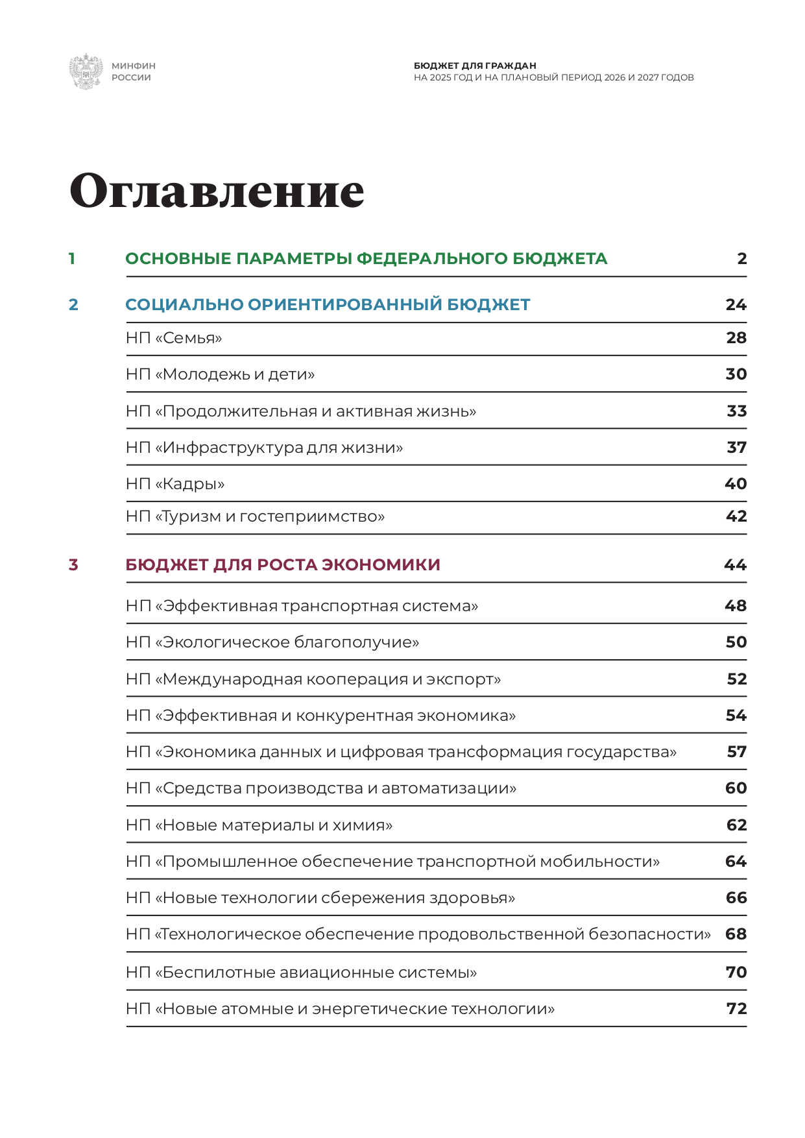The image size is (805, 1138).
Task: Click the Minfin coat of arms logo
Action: pyautogui.click(x=86, y=71)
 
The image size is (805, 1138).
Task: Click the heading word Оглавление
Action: pyautogui.click(x=217, y=191)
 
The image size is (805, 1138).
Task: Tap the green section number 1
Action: pyautogui.click(x=72, y=259)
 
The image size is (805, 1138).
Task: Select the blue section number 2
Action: pyautogui.click(x=73, y=305)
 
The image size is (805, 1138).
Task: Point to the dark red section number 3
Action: pyautogui.click(x=73, y=565)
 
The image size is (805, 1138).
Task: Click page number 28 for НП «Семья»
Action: pyautogui.click(x=736, y=338)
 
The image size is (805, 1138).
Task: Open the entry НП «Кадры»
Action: pyautogui.click(x=175, y=484)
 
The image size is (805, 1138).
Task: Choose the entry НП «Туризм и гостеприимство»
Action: pyautogui.click(x=255, y=516)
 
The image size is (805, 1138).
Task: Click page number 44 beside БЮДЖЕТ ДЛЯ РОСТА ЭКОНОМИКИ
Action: pyautogui.click(x=735, y=565)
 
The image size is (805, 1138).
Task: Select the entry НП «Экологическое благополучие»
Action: pyautogui.click(x=272, y=642)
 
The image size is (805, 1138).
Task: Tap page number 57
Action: pyautogui.click(x=737, y=752)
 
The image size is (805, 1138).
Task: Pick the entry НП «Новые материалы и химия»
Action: pyautogui.click(x=259, y=825)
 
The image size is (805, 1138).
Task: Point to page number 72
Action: pyautogui.click(x=737, y=1009)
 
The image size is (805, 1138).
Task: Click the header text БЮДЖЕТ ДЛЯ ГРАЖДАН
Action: pyautogui.click(x=475, y=66)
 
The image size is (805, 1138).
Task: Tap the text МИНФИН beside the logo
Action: pyautogui.click(x=134, y=66)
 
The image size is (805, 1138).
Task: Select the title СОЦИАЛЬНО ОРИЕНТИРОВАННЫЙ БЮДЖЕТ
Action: pyautogui.click(x=328, y=305)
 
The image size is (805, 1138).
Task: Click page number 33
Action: pyautogui.click(x=737, y=411)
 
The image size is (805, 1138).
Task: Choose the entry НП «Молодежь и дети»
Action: pyautogui.click(x=220, y=374)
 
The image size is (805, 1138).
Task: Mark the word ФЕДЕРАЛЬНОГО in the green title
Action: pyautogui.click(x=432, y=259)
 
